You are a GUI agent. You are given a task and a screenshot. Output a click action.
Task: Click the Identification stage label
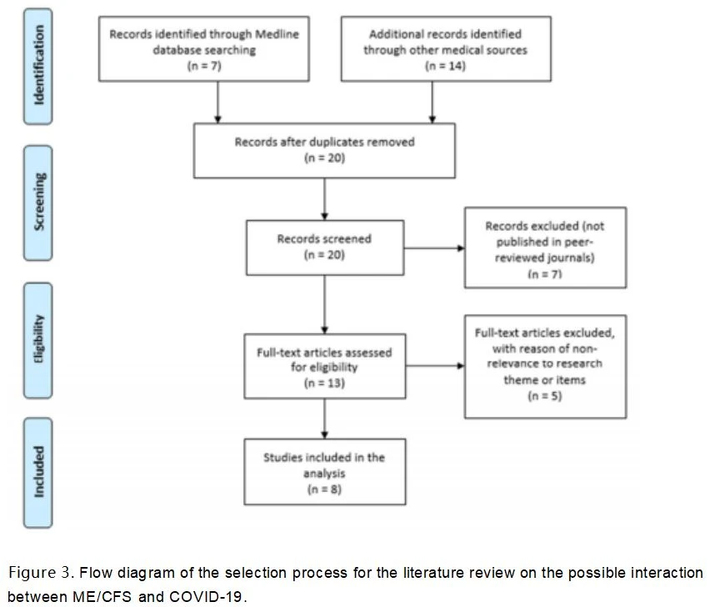(x=38, y=66)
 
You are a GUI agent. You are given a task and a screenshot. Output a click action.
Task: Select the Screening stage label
(x=38, y=203)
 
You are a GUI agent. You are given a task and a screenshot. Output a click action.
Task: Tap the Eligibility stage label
(x=38, y=340)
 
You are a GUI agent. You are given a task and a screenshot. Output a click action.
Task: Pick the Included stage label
(x=38, y=473)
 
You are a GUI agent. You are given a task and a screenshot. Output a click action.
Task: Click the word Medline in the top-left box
(x=277, y=34)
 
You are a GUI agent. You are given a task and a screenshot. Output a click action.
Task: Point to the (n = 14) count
(x=445, y=66)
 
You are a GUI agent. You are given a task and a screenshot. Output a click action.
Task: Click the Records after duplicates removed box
(x=325, y=150)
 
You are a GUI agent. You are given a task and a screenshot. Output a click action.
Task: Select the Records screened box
(x=325, y=248)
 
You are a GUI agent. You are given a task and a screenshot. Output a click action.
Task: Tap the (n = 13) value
(x=324, y=384)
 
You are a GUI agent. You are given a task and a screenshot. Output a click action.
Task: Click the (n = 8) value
(x=324, y=489)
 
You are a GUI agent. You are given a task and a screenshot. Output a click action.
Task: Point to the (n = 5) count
(x=545, y=396)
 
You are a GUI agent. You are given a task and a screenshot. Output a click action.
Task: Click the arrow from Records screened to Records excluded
(x=434, y=248)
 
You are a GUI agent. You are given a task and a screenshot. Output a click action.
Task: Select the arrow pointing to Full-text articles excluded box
(x=435, y=365)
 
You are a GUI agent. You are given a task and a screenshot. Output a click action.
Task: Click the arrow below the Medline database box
(x=217, y=103)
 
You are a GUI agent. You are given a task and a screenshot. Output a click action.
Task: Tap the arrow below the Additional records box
(x=432, y=103)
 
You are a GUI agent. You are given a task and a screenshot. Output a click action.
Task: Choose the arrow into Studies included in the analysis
(x=324, y=419)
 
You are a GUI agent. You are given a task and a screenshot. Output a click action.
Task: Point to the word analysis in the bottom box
(x=324, y=474)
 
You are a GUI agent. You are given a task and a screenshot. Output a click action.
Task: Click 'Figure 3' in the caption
(x=40, y=573)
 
